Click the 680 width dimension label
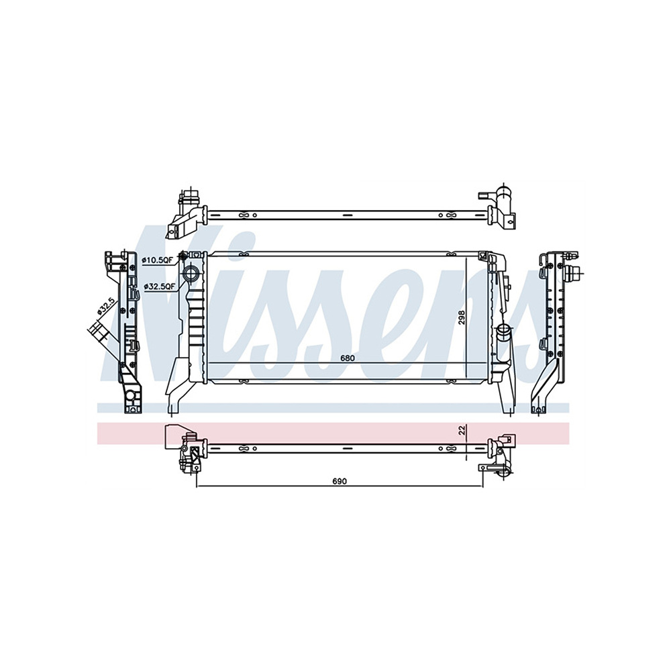pyautogui.click(x=348, y=358)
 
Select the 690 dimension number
pyautogui.click(x=340, y=481)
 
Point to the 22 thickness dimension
pyautogui.click(x=462, y=430)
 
